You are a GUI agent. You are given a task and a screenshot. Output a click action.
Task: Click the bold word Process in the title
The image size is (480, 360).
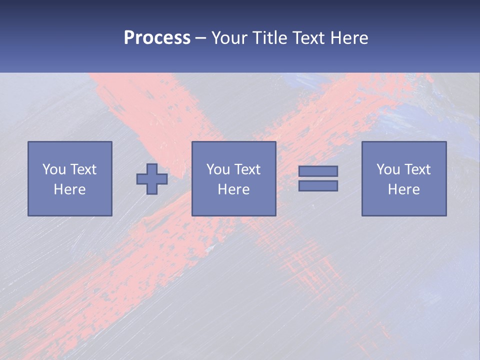click(157, 38)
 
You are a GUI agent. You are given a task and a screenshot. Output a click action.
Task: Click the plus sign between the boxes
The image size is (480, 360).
click(152, 178)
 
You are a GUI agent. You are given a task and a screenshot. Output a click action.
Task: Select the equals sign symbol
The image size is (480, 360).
click(318, 178)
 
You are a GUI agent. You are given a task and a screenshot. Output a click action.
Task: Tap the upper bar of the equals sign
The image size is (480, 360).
click(318, 171)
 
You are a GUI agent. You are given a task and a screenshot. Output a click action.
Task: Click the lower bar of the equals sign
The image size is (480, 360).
click(318, 186)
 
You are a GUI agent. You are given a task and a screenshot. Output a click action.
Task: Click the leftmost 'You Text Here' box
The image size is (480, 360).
click(70, 178)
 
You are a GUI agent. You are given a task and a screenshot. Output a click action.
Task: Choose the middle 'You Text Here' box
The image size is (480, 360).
click(234, 178)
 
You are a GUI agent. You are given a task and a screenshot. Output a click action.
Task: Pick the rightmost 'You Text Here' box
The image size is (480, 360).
click(404, 178)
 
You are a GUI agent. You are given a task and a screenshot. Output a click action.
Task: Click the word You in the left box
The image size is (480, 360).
click(54, 169)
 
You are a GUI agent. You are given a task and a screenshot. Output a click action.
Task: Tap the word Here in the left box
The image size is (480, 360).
click(70, 189)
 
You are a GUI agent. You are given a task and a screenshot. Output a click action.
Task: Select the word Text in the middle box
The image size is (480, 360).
click(247, 169)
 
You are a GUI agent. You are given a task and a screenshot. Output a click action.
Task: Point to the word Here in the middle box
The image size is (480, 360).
click(234, 189)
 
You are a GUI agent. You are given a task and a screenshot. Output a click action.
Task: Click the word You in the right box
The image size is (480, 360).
click(388, 169)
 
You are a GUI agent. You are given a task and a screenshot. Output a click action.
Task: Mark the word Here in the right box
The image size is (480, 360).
click(404, 189)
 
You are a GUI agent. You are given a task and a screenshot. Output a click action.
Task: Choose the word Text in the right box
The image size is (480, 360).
click(417, 169)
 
